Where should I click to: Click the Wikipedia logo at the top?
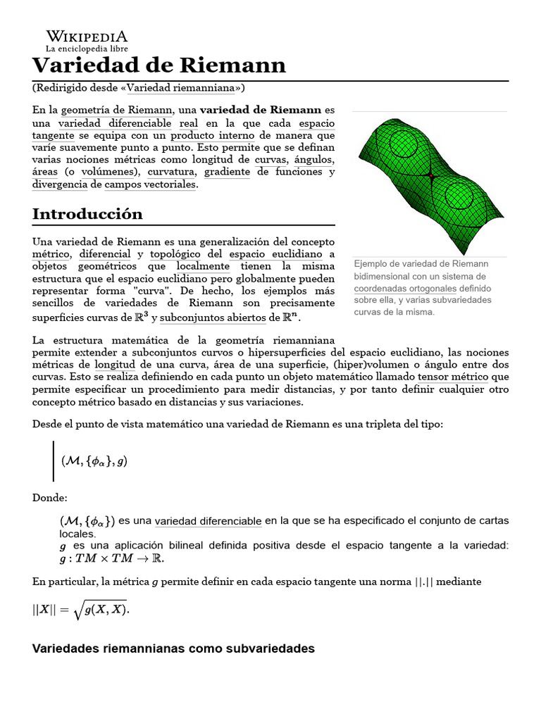tap(87, 37)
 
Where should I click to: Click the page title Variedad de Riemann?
tap(159, 65)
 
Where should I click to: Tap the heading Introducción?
tap(87, 214)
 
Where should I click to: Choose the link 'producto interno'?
tap(211, 135)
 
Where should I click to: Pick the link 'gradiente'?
tap(228, 172)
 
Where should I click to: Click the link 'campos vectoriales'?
tap(150, 184)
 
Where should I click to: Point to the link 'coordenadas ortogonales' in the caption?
tap(404, 289)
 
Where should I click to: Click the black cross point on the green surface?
tap(430, 176)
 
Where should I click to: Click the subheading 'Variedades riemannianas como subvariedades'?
tap(173, 648)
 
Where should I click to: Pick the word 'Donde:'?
tap(50, 498)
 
